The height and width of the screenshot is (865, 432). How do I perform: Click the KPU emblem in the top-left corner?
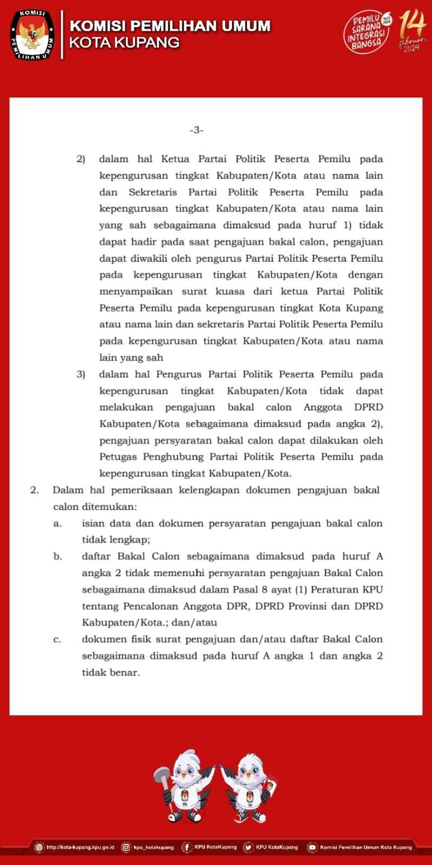tap(32, 35)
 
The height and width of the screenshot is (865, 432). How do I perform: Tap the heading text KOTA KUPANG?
tap(124, 43)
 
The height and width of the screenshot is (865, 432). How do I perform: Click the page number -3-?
tap(196, 130)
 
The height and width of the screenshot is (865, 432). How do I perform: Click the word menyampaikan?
tap(136, 291)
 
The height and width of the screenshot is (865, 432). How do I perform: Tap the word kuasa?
tap(230, 291)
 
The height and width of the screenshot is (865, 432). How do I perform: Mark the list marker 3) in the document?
tap(81, 374)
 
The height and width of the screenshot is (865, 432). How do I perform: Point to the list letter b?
tap(57, 556)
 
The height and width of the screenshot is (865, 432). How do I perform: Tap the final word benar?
tap(124, 672)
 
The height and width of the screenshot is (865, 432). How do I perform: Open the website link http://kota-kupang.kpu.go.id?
tap(80, 847)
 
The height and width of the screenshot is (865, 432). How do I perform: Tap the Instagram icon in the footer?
tap(126, 848)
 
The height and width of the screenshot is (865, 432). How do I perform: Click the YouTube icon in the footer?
tap(312, 848)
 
